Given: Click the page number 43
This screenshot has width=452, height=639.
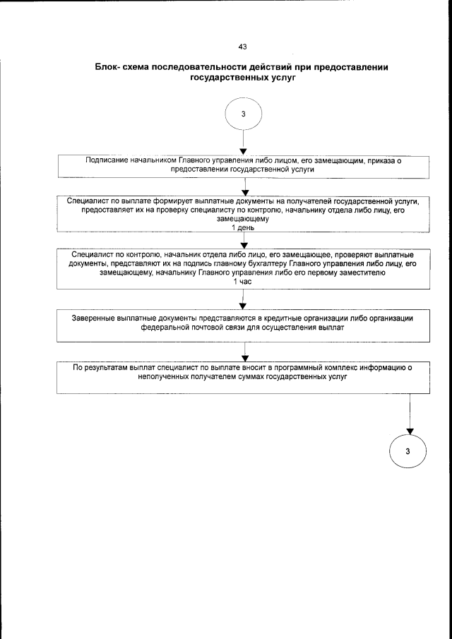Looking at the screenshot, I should (x=242, y=47).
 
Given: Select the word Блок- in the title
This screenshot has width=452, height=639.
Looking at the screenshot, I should (x=110, y=67).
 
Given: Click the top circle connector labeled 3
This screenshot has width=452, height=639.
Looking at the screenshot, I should (x=243, y=115).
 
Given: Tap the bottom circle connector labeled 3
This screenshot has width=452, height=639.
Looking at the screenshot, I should (x=408, y=452).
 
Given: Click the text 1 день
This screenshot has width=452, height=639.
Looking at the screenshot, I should (x=243, y=228).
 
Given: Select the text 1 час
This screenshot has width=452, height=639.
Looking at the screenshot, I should (x=243, y=281).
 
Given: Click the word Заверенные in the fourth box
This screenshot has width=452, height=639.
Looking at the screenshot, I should (x=95, y=318).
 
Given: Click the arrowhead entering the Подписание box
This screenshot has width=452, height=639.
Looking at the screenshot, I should (x=243, y=150).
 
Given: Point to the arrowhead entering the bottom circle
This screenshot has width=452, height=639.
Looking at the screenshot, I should (x=409, y=430).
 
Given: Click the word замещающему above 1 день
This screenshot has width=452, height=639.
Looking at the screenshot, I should (x=243, y=220).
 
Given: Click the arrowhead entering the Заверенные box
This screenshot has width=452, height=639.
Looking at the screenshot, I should (x=243, y=306).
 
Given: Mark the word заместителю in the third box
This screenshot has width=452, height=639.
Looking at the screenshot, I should (x=358, y=272).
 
